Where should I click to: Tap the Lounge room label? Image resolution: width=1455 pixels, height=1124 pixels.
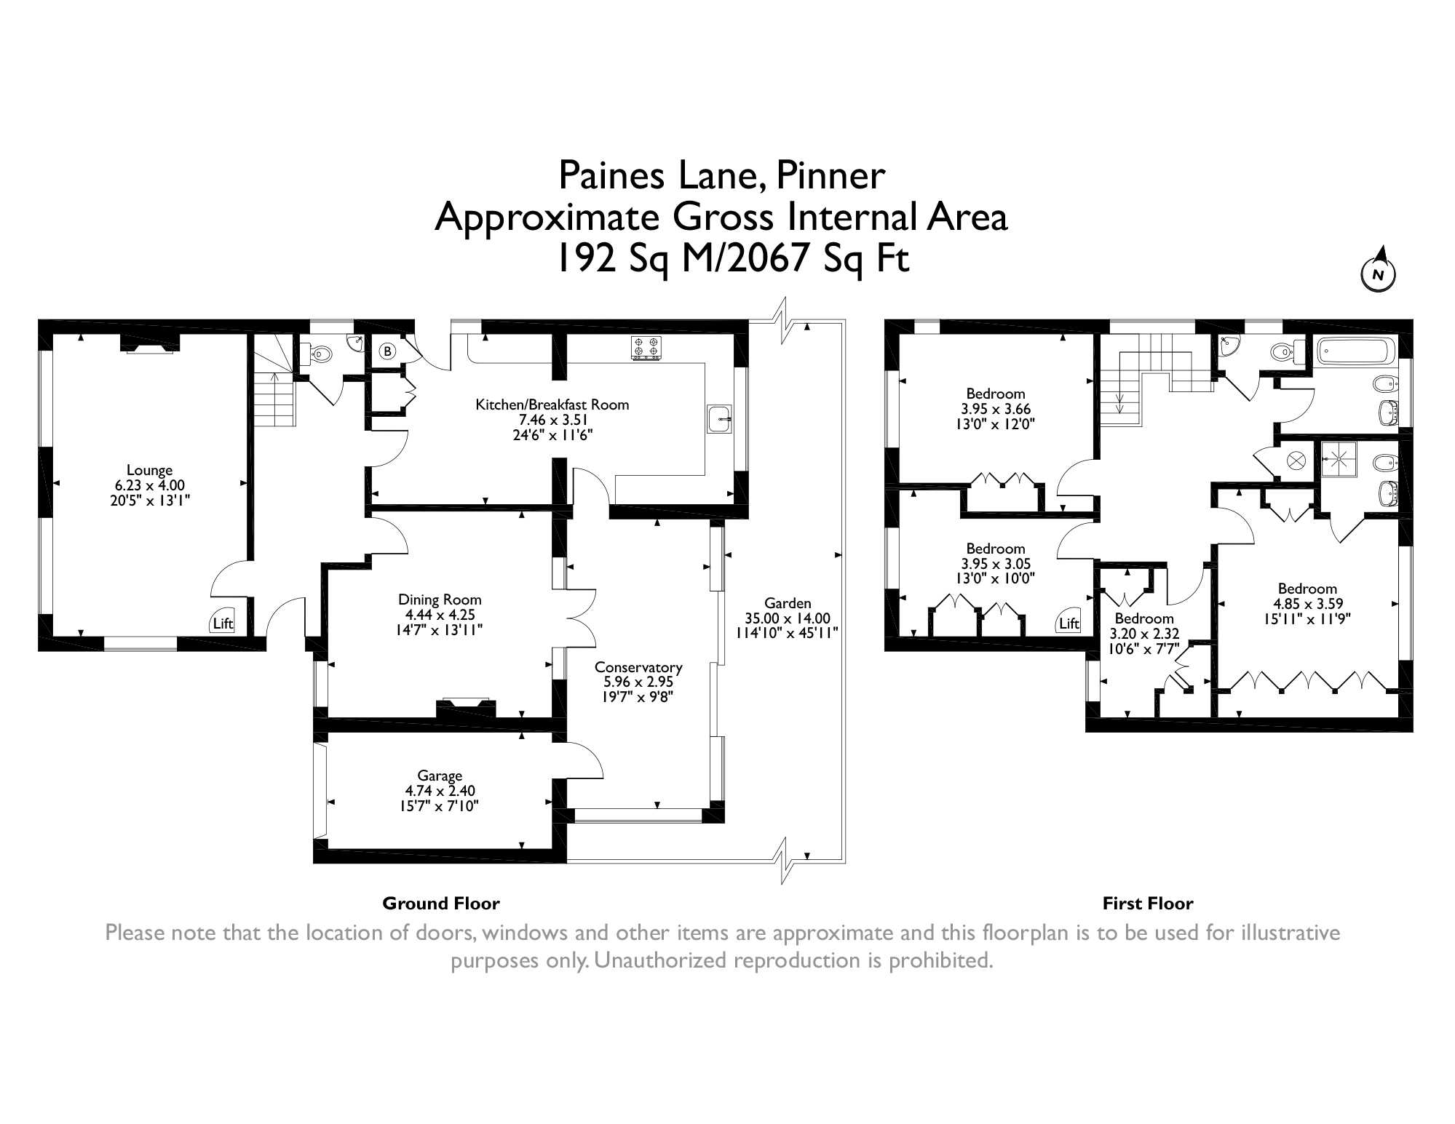point(149,470)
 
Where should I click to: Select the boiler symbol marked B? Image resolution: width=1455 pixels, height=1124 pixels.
point(388,352)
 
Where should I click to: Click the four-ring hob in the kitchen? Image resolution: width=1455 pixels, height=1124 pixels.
point(647,348)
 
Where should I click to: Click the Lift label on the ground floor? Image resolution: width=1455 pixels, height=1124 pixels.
point(223,623)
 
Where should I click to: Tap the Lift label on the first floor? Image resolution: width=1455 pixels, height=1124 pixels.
point(1069,623)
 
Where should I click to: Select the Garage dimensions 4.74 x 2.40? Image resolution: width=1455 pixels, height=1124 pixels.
point(440,791)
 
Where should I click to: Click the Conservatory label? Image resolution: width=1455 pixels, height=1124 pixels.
point(638,667)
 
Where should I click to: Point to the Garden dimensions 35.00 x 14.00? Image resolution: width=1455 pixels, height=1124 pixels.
point(788,618)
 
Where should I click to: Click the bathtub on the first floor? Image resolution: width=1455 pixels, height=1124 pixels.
point(1355,354)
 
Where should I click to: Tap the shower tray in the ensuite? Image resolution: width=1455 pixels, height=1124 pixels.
point(1340,459)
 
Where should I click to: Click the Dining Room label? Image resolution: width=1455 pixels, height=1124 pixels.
point(440,599)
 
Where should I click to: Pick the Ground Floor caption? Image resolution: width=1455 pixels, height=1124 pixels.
point(441,904)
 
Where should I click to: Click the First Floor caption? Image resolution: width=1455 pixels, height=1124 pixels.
point(1148,904)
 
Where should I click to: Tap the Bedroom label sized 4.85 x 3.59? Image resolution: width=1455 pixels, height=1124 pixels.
point(1307,589)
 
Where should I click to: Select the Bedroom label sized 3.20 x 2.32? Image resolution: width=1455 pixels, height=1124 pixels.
point(1144,618)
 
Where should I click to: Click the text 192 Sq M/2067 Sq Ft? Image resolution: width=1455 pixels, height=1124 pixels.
point(732,258)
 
